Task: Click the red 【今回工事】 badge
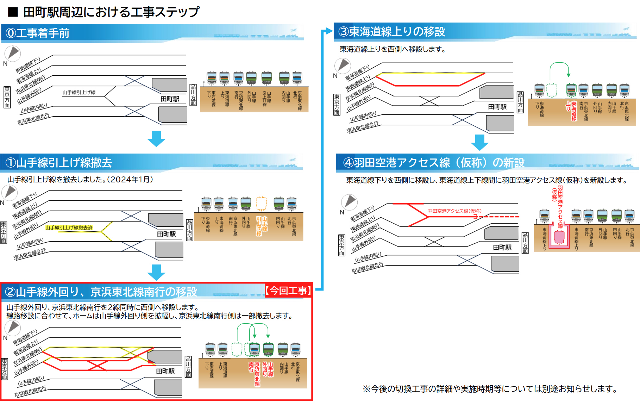point(288,291)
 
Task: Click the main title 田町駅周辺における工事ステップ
point(111,12)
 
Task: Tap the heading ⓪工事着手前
point(38,33)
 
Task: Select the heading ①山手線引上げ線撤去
point(59,163)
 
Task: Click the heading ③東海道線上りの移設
point(391,32)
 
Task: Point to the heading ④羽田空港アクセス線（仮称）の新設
point(434,163)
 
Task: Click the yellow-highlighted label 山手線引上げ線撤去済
point(69,228)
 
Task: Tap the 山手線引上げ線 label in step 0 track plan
point(79,93)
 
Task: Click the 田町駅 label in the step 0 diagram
point(170,99)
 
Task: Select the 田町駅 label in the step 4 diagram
point(502,248)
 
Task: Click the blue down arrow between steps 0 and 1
point(156,138)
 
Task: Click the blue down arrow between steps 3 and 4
point(479,142)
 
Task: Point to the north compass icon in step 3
point(342,66)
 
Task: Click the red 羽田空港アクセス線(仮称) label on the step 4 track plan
point(454,211)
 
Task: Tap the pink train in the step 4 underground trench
point(559,237)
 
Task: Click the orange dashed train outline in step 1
point(261,204)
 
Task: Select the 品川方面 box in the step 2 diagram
point(188,367)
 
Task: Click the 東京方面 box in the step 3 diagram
point(337,105)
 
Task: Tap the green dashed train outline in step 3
point(552,90)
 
